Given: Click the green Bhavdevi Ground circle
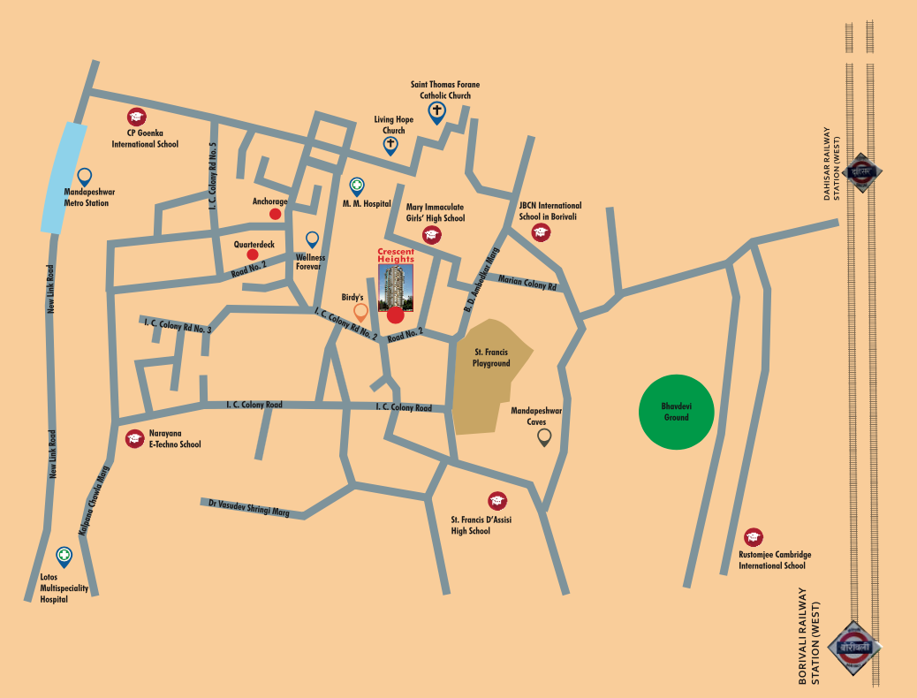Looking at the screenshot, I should click(x=676, y=412).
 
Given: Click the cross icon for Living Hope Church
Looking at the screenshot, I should click(x=390, y=145).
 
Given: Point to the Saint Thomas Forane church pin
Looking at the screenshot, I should click(x=436, y=112).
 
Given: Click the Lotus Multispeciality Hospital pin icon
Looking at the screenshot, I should click(x=64, y=556).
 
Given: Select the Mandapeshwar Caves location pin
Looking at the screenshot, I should click(x=544, y=437).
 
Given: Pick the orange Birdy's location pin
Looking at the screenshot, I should click(x=360, y=312).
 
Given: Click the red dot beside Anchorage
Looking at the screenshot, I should click(x=276, y=214).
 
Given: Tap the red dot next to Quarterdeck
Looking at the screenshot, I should click(x=253, y=254).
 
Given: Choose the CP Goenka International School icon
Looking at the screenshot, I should click(x=136, y=117).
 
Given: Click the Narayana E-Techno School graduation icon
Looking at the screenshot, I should click(x=134, y=438).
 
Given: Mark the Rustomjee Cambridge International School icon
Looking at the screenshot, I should click(x=753, y=536).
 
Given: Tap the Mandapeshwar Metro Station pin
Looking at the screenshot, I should click(x=85, y=177).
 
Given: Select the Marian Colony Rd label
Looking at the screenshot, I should click(x=527, y=284).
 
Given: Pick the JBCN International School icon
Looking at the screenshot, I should click(x=541, y=232).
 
